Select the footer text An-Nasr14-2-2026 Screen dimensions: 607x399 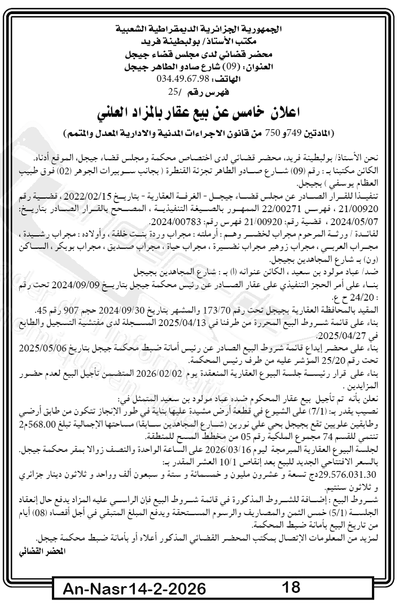[134, 590]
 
